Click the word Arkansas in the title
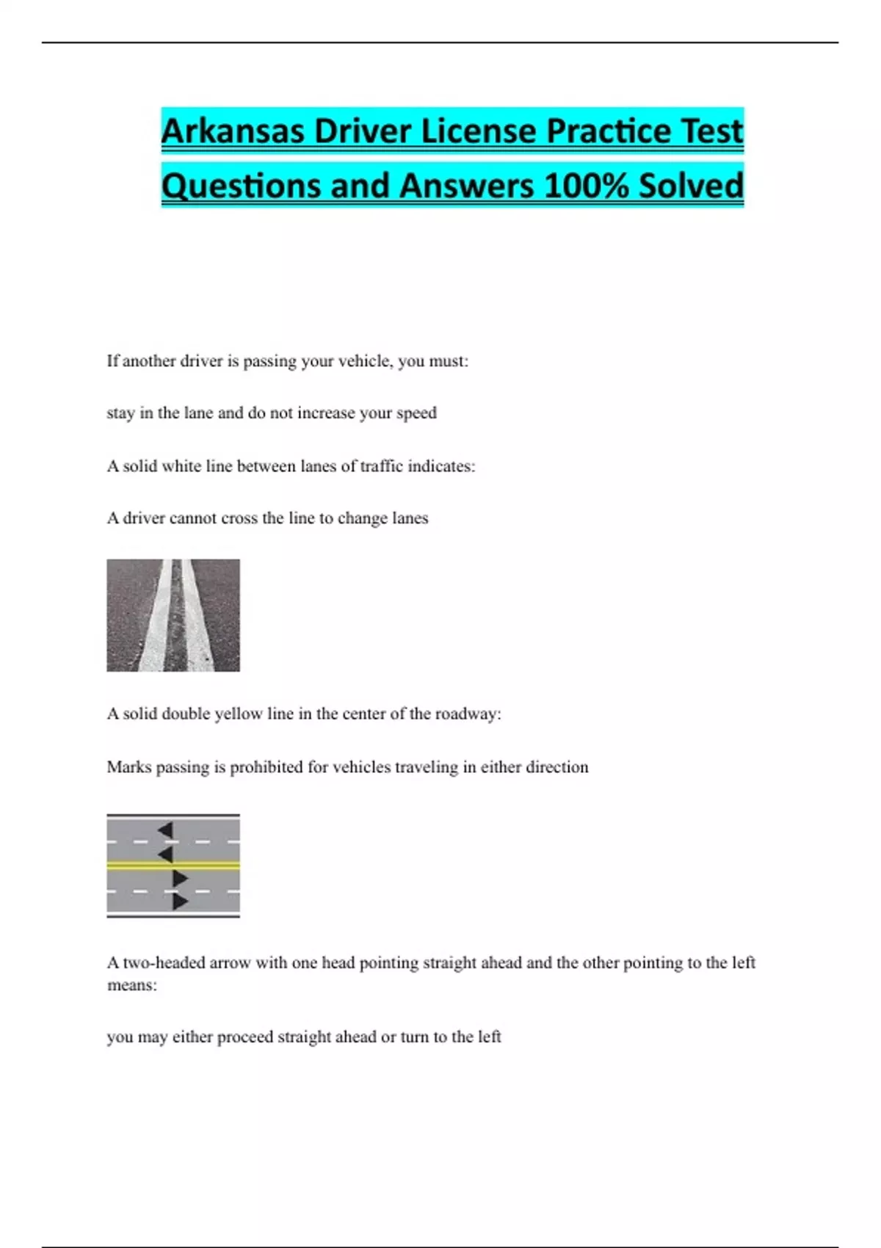click(233, 132)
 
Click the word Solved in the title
click(691, 186)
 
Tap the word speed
click(416, 413)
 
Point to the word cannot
click(192, 518)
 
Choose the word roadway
click(465, 714)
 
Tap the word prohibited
click(267, 767)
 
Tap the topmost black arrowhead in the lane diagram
click(166, 830)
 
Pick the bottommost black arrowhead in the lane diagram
click(180, 901)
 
